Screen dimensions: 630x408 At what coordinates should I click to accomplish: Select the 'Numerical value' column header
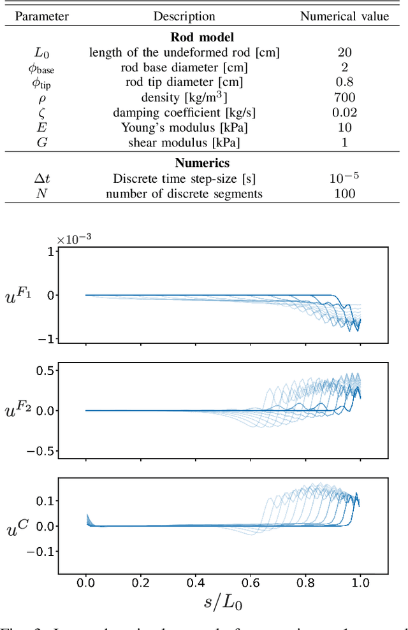[344, 17]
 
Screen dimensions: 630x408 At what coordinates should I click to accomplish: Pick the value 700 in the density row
[344, 97]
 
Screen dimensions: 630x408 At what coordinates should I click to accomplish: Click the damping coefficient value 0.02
[344, 113]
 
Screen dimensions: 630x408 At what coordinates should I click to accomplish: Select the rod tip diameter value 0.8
[344, 82]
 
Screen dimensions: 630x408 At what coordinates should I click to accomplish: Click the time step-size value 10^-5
[344, 178]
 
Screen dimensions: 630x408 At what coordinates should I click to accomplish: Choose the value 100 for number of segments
[344, 194]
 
